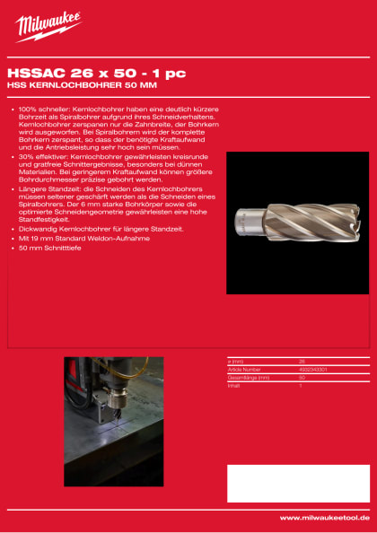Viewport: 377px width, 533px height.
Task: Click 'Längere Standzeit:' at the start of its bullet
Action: coord(49,189)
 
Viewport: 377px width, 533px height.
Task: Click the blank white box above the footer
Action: coord(298,484)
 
